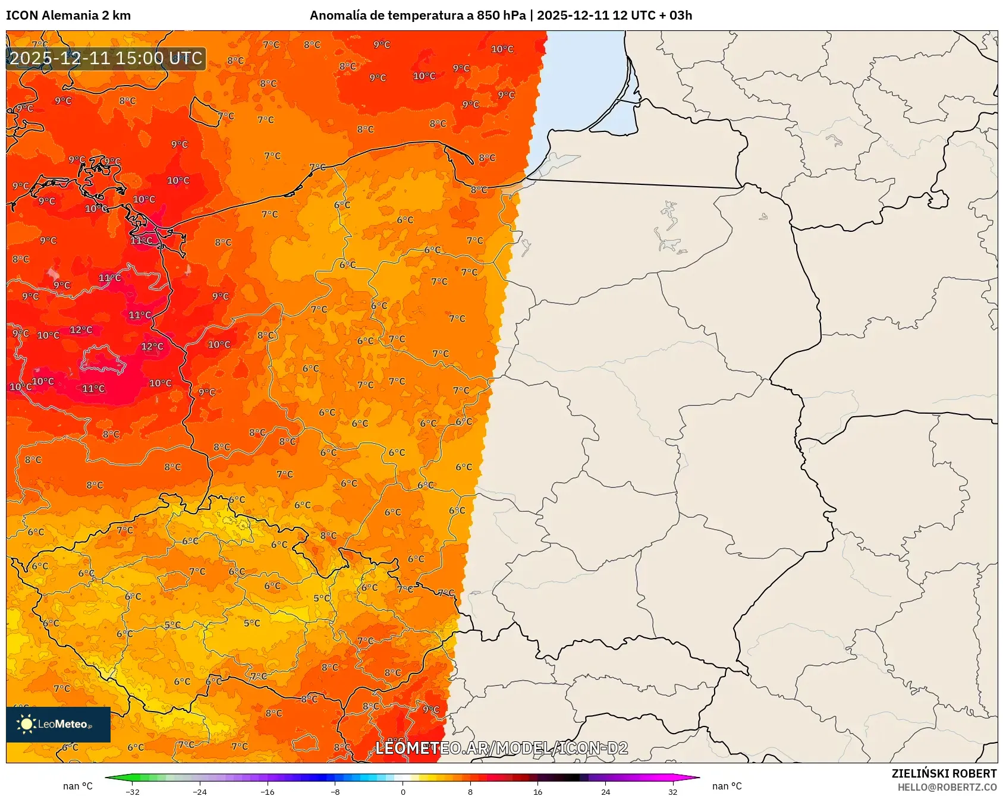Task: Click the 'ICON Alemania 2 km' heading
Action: click(x=68, y=15)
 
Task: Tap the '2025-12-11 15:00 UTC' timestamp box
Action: click(x=106, y=59)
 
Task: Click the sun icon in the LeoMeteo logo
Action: click(x=26, y=724)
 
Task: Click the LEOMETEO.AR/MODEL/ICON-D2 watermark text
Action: click(x=501, y=748)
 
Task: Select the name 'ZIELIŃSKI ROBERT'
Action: click(x=944, y=773)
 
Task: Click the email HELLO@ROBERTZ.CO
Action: click(x=947, y=787)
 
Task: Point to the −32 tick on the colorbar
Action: click(x=133, y=791)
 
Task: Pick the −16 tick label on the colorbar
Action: click(x=268, y=791)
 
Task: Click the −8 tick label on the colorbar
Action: click(x=335, y=791)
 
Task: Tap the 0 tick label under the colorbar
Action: click(x=403, y=791)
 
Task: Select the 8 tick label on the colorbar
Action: click(x=470, y=791)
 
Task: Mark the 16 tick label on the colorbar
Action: click(x=538, y=791)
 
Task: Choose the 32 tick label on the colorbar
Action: click(x=672, y=791)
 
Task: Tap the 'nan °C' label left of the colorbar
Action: click(x=78, y=786)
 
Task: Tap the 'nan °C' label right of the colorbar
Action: click(x=727, y=786)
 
